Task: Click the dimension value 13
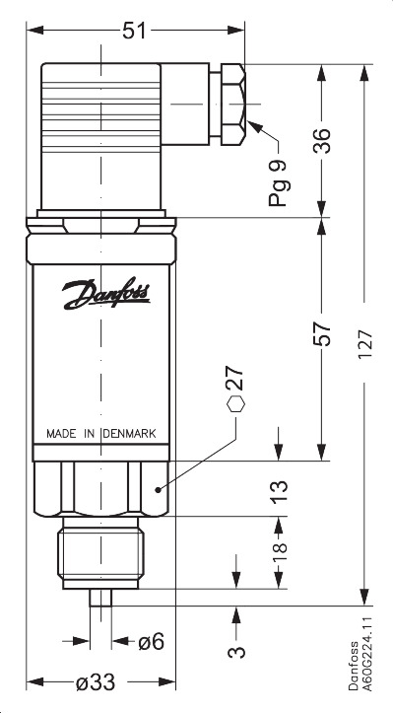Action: point(280,489)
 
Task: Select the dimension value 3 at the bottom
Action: point(237,652)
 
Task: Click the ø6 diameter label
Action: point(151,641)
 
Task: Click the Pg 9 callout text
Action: point(278,183)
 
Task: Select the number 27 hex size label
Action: point(234,380)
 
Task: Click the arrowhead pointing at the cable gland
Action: point(254,126)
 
